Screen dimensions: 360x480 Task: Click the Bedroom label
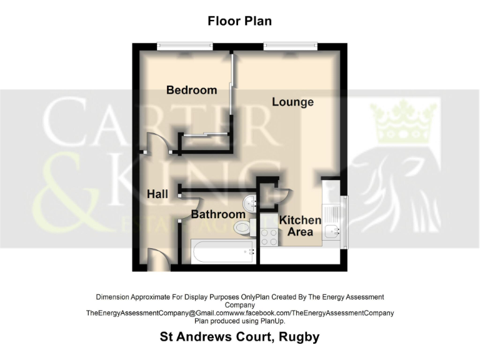click(x=191, y=90)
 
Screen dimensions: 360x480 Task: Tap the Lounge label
click(x=292, y=101)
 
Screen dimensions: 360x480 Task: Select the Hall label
click(x=157, y=194)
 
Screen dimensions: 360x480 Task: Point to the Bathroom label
click(x=217, y=214)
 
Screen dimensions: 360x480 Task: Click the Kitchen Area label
click(x=300, y=226)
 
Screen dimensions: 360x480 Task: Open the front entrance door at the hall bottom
click(x=158, y=259)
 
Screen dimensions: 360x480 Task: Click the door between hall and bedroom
click(x=154, y=145)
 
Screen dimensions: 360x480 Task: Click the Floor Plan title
click(x=239, y=21)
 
